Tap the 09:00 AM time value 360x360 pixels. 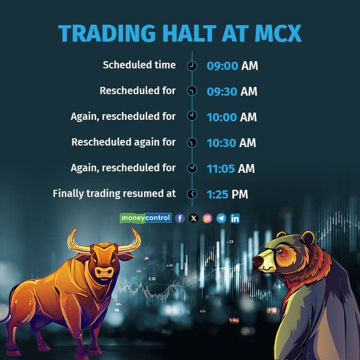click(232, 66)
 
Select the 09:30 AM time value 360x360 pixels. click(232, 92)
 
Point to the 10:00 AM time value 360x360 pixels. click(231, 117)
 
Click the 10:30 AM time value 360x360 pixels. click(231, 143)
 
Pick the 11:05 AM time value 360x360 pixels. click(230, 169)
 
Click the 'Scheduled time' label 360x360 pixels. click(139, 65)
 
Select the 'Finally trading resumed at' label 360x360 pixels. click(114, 194)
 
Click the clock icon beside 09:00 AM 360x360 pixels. click(192, 66)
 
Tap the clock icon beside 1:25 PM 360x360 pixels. click(192, 194)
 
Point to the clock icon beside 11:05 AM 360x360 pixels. click(192, 168)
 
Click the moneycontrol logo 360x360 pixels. click(146, 218)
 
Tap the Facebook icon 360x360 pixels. click(179, 218)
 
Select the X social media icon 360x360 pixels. click(193, 218)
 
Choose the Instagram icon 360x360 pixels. click(207, 218)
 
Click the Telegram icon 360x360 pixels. click(221, 218)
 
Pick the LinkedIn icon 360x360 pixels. click(235, 218)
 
